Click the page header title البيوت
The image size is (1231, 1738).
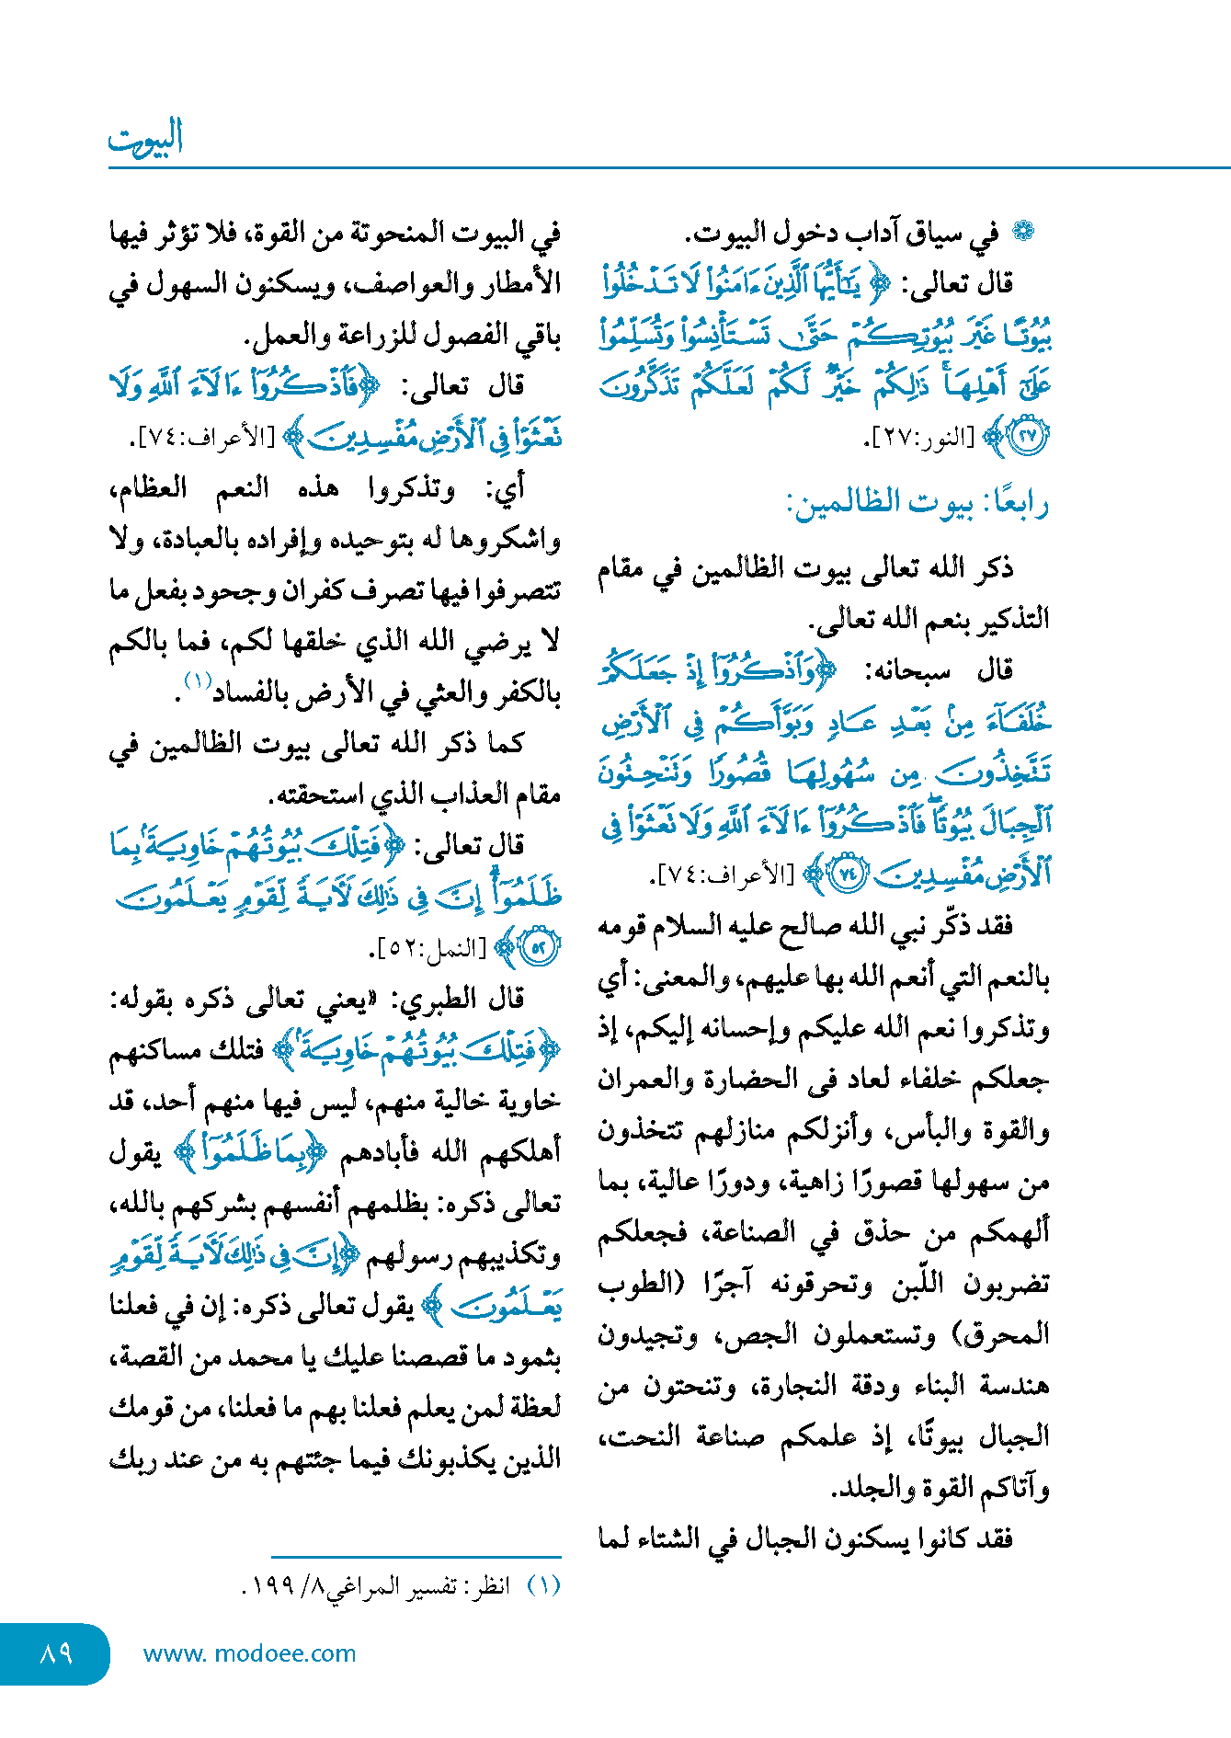pyautogui.click(x=145, y=138)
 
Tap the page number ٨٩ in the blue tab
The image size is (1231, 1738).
pyautogui.click(x=56, y=1652)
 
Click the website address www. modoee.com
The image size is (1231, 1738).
pyautogui.click(x=249, y=1653)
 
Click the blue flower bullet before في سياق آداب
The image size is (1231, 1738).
pyautogui.click(x=1022, y=232)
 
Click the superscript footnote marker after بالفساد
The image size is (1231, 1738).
pyautogui.click(x=198, y=681)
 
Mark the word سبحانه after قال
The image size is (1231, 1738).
pyautogui.click(x=908, y=669)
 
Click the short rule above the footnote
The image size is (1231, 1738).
pyautogui.click(x=416, y=1557)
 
